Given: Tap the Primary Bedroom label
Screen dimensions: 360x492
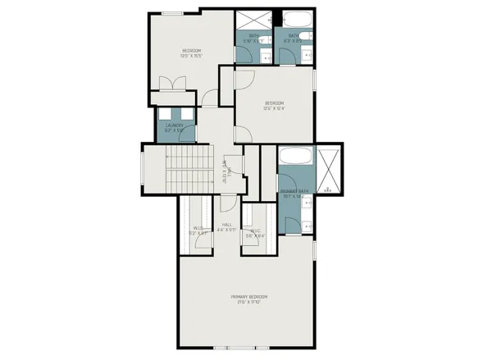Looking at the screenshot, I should (248, 298).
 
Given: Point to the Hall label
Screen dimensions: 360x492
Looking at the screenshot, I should (227, 227).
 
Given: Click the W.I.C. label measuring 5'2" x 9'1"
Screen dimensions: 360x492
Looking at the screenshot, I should (198, 230).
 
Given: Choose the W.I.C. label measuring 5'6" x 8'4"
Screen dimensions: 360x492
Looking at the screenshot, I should (256, 233).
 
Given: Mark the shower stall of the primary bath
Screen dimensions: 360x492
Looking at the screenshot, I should (330, 168).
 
